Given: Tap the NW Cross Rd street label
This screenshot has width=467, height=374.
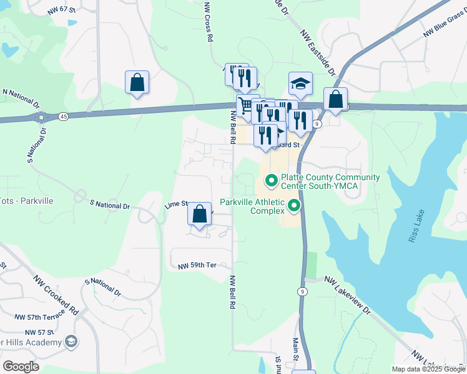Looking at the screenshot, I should [208, 22].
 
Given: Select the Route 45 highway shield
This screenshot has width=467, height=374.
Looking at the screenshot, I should [64, 116].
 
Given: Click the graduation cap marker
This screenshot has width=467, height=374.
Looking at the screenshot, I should [300, 84].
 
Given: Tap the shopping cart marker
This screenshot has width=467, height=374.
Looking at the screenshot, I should [245, 104].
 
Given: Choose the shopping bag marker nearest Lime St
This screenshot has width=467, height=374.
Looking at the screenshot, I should [199, 214].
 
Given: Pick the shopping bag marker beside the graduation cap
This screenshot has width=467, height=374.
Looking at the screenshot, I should [335, 99].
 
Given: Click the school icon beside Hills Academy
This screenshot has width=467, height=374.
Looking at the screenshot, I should [71, 342].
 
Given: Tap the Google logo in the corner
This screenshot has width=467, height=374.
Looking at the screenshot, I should [21, 366].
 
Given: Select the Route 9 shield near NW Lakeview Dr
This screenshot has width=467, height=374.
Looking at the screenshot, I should [303, 291].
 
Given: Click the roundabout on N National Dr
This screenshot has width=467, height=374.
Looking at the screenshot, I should [42, 117].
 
